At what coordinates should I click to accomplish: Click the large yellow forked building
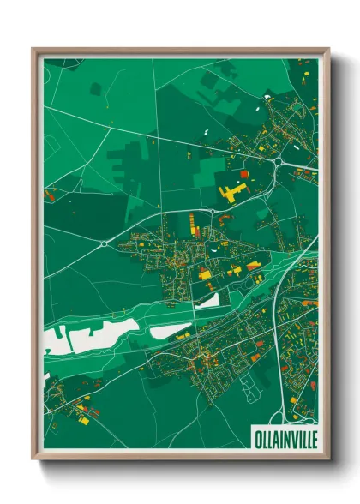[x=231, y=191]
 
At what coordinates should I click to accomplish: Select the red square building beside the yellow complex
[x=244, y=174]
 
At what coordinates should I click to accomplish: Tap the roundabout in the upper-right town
[x=279, y=159]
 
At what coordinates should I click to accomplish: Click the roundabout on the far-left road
[x=105, y=243]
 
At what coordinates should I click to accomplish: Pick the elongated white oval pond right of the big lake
[x=171, y=330]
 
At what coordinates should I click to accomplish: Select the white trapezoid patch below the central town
[x=208, y=300]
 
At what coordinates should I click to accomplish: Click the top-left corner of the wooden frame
[x=33, y=50]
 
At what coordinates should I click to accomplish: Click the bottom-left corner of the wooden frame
[x=33, y=460]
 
